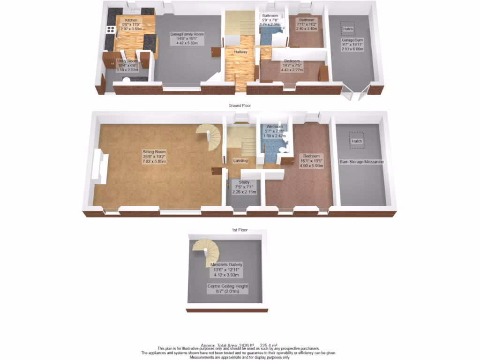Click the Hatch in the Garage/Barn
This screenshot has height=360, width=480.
(347, 29)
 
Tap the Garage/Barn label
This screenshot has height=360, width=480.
(352, 45)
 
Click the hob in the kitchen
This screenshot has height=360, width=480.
(112, 30)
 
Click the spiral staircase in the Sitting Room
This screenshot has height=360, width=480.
(209, 135)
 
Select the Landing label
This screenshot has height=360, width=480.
(240, 161)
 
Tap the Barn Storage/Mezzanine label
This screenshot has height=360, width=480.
(362, 162)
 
